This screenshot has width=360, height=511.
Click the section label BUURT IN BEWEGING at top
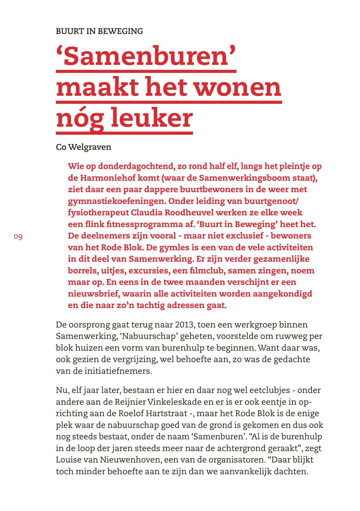click(x=99, y=31)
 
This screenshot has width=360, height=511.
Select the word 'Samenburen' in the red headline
click(x=146, y=57)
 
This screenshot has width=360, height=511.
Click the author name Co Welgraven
click(x=83, y=147)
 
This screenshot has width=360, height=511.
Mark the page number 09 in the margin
click(x=18, y=237)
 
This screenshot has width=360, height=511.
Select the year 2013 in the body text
click(x=184, y=325)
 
